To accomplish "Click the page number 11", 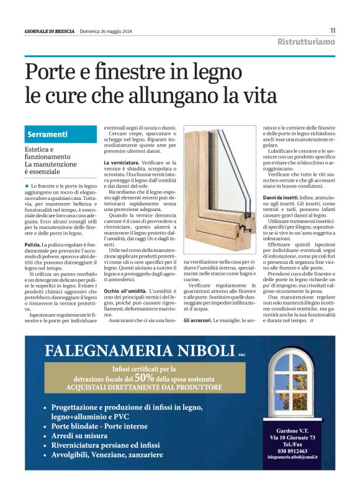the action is (333, 30).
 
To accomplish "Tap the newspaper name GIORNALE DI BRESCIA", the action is (50, 31).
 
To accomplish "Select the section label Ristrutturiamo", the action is (306, 42).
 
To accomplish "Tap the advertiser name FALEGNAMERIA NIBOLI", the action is (140, 351).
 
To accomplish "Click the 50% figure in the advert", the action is (144, 377).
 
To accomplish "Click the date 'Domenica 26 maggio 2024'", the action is (108, 31).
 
